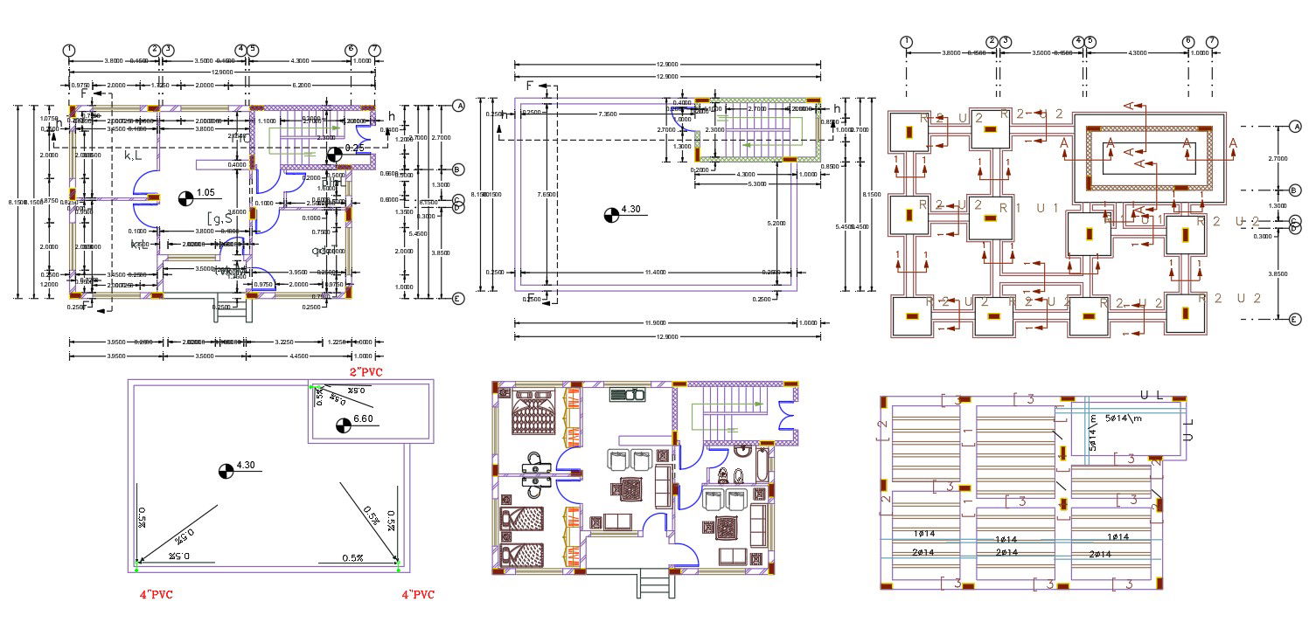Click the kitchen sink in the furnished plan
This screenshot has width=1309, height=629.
point(627,395)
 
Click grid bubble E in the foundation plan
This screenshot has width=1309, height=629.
point(1296,321)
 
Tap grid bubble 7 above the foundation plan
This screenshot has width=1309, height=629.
point(1212,42)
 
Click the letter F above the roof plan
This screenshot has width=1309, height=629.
point(530,86)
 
